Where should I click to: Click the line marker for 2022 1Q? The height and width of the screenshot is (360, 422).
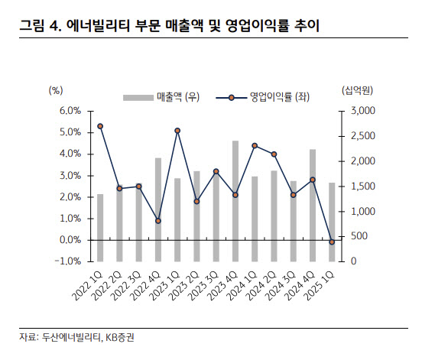coord(100,126)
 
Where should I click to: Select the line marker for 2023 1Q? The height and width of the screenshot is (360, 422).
coord(177,131)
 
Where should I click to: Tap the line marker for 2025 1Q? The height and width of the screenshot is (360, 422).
coord(332,242)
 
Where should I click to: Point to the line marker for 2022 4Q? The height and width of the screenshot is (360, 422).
coord(158,221)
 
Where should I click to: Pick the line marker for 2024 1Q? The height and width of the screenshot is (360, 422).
coord(255,146)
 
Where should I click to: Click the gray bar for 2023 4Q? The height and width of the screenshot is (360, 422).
coord(235,201)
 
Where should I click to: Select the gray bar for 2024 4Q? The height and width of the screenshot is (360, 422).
coord(313,206)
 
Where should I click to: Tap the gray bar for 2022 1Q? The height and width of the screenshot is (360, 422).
coord(100,228)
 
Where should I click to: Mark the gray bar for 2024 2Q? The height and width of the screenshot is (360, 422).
coord(274,216)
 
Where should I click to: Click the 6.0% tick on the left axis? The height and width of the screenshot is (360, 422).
coord(90,111)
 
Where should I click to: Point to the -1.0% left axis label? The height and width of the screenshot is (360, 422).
coord(67,261)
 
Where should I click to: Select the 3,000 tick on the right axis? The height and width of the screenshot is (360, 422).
coord(341,111)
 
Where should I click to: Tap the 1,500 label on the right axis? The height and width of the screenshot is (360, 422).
coord(363,186)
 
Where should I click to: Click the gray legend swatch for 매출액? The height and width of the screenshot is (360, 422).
coord(138,97)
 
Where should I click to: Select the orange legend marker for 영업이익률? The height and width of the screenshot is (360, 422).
coord(231,98)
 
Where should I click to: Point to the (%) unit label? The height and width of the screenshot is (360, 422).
coord(56,90)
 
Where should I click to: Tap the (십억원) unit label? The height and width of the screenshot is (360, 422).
coord(357,90)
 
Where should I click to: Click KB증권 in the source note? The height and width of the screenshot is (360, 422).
coord(119,337)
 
